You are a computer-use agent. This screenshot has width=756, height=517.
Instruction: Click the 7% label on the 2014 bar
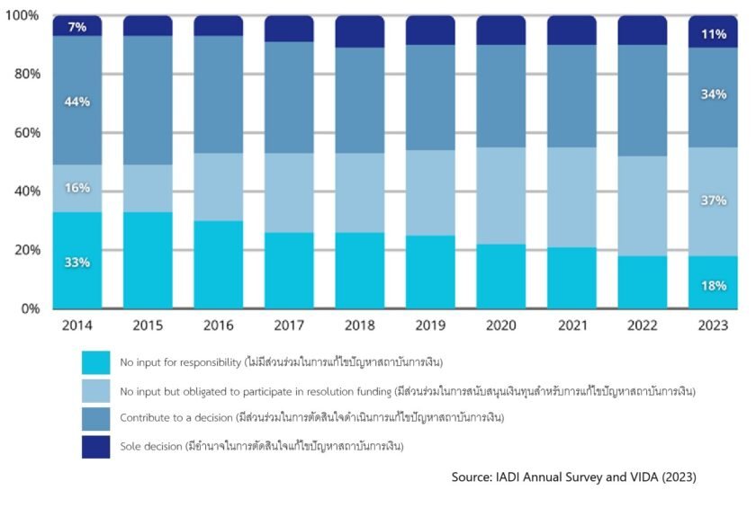76,27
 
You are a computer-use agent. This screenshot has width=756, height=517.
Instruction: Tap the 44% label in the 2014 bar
76,102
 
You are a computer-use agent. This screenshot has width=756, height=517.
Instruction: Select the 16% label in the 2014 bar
76,187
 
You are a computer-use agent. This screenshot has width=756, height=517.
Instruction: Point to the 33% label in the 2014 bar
76,263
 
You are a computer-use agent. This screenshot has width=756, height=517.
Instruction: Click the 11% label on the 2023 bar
713,34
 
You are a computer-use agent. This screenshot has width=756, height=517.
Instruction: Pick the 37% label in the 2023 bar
713,200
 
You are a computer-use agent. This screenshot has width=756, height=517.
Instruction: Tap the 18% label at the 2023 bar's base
713,286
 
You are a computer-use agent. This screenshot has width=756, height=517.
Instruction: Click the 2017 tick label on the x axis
288,325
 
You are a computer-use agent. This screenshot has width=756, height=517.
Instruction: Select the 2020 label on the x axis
500,325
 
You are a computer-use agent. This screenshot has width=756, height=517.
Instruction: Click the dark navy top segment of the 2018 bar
359,31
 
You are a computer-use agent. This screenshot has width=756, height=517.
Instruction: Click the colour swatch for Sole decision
95,446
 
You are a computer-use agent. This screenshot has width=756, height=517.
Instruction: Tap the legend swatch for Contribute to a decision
95,418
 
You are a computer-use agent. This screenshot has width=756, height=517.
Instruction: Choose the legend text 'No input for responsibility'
180,362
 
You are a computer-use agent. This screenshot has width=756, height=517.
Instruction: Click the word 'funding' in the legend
371,391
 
